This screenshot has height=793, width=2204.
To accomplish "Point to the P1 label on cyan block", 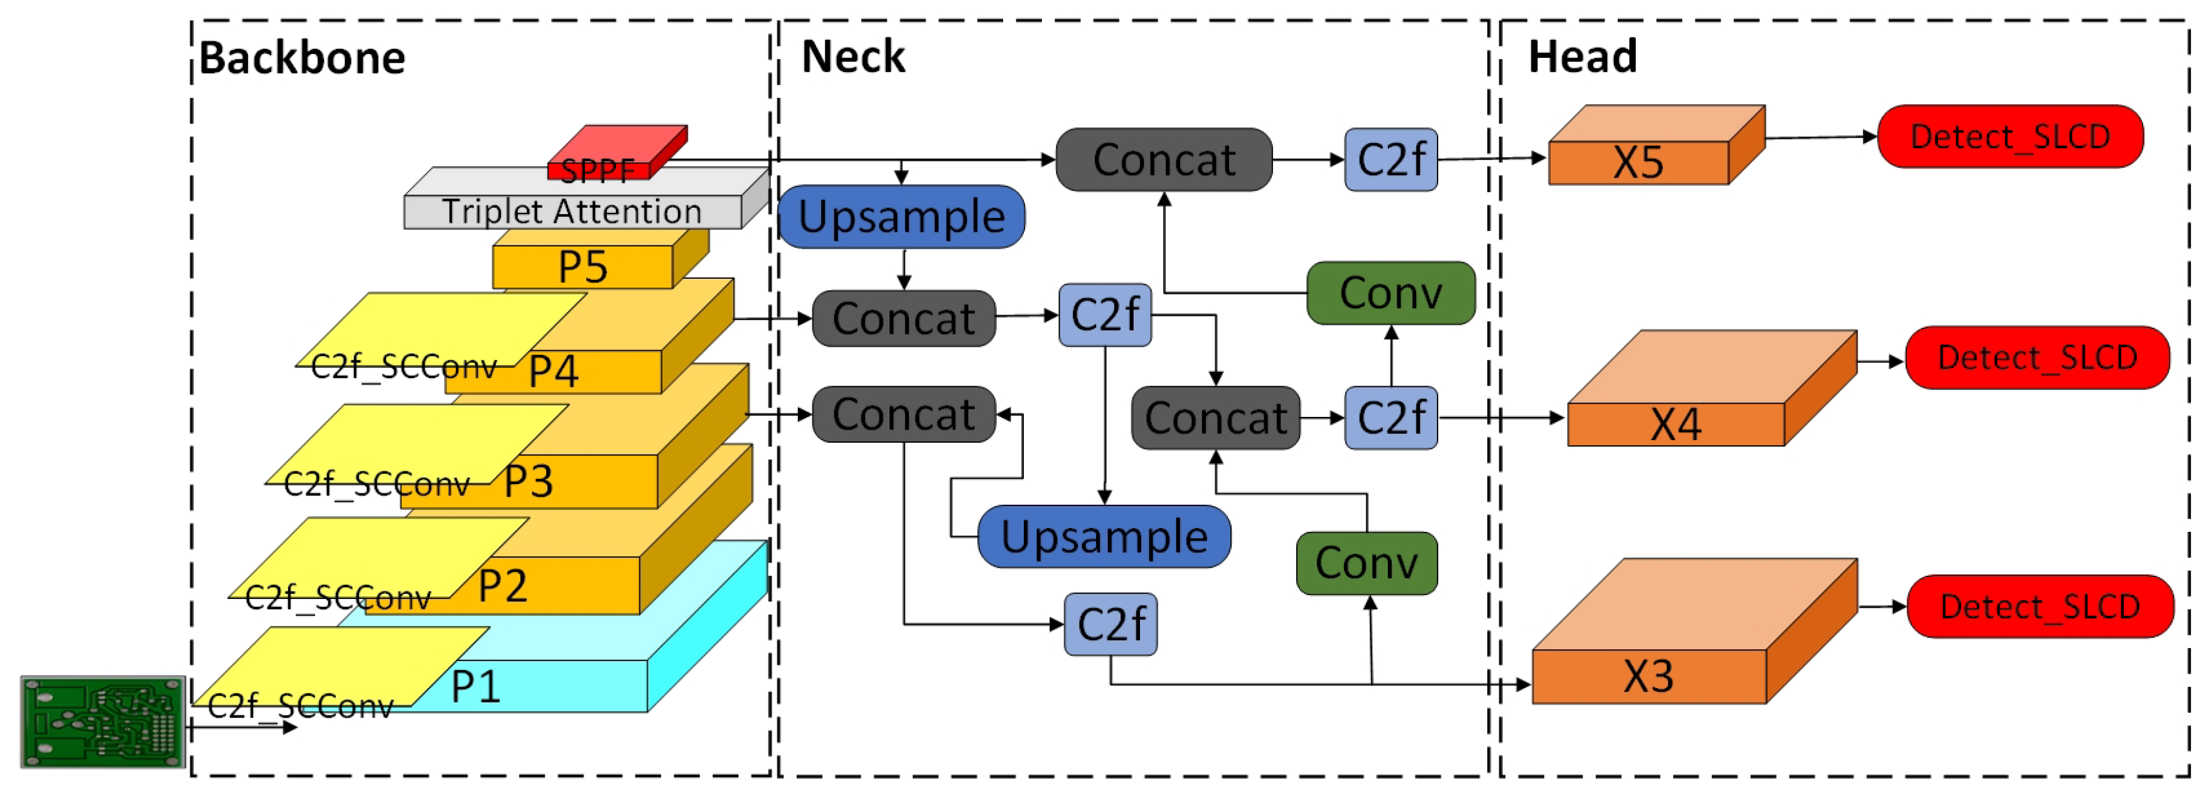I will [476, 686].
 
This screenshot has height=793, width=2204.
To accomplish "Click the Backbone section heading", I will [302, 58].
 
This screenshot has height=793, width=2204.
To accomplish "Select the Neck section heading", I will [852, 57].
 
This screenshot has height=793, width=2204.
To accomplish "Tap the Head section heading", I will [1582, 57].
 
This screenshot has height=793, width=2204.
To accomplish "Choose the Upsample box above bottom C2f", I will [1104, 536].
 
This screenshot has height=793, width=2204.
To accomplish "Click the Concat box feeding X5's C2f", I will [1164, 160].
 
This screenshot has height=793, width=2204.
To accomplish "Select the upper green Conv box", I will [1390, 293].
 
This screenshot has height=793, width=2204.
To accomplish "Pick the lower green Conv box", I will [1367, 563].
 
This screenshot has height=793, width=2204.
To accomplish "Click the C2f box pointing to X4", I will [1390, 418].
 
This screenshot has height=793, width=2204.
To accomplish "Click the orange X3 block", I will [1648, 676].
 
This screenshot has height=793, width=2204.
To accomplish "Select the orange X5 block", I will [1638, 162].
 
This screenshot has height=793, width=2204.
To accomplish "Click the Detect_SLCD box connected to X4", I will [2037, 358].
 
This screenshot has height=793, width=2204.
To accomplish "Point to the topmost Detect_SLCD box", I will [2010, 137].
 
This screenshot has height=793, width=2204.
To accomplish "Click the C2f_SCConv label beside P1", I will [299, 706].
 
